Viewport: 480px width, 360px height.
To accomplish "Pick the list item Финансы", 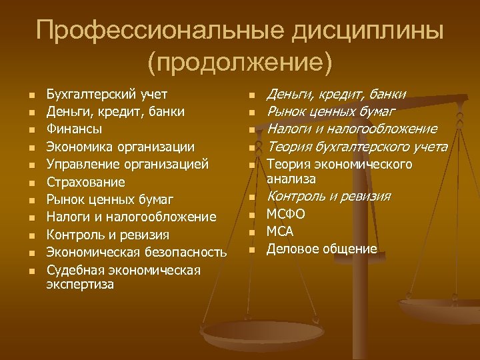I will (73, 129).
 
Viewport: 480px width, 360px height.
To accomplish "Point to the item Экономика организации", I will (120, 146).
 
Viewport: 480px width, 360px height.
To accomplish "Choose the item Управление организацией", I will (127, 164).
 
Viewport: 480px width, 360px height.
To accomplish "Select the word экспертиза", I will (80, 285).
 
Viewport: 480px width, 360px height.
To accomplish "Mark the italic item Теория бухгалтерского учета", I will (357, 147).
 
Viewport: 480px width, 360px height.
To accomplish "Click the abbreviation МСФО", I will (286, 214).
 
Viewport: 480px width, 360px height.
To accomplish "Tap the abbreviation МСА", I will (280, 231).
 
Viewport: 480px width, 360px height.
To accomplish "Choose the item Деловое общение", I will (321, 249).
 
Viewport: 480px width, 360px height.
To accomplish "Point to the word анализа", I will (291, 179).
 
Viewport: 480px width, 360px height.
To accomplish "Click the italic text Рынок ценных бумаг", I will (331, 111).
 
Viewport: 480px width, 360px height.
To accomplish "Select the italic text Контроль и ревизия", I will (329, 197).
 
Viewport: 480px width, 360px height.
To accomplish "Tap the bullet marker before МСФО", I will (253, 215).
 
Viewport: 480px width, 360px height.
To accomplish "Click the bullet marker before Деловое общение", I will (253, 250).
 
